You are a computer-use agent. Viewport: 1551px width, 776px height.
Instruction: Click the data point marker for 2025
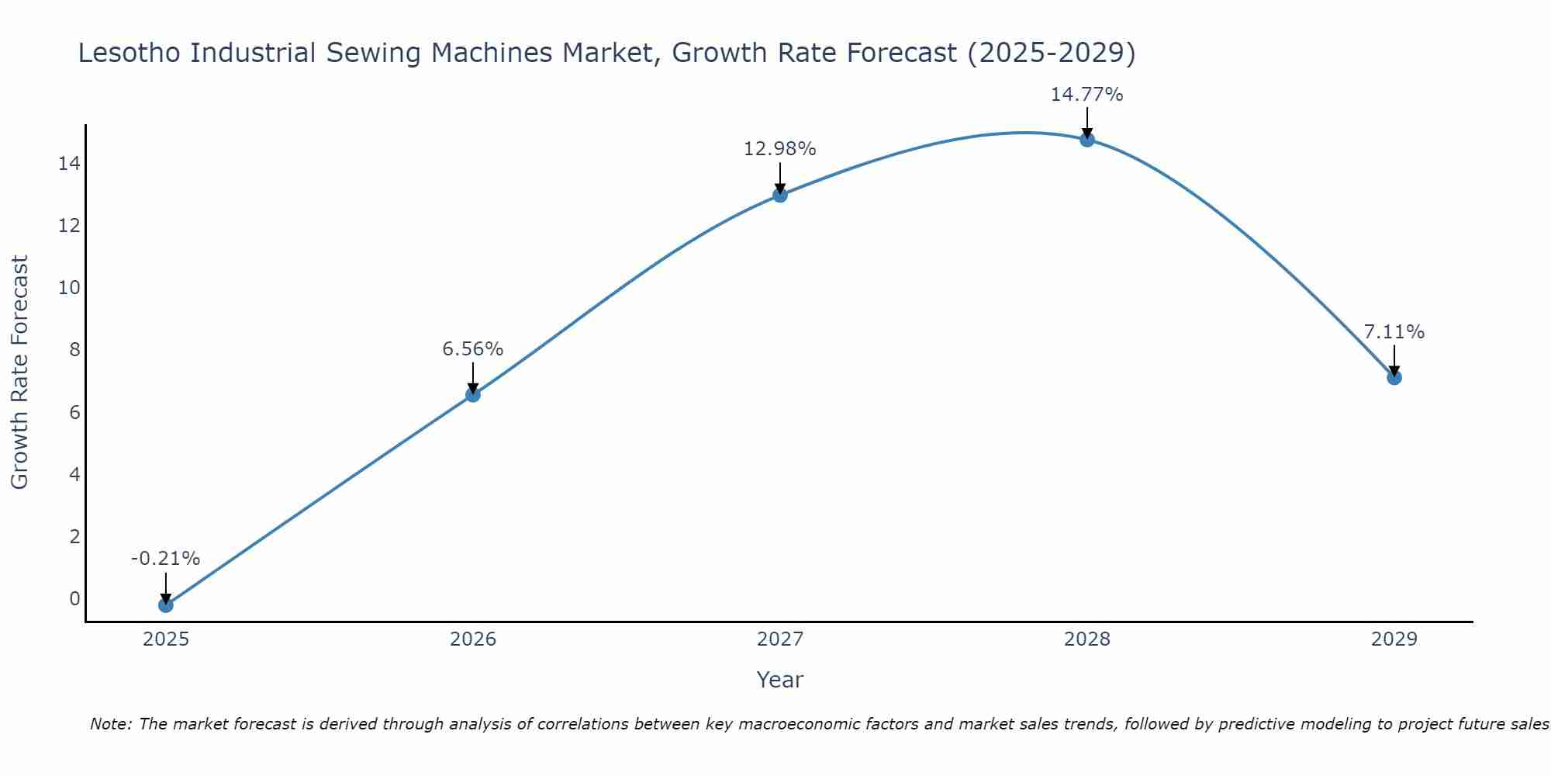(x=165, y=605)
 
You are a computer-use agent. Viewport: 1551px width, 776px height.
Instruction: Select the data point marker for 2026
(x=472, y=394)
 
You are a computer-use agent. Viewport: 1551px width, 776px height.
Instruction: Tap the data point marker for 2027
(x=779, y=195)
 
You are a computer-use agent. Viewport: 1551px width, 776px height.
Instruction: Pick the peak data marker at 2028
(x=1086, y=140)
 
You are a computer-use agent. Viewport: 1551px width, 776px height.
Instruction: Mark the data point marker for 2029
(x=1394, y=377)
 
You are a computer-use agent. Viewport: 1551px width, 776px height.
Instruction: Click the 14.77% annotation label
(x=1086, y=95)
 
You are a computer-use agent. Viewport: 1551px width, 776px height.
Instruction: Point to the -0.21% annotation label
(x=165, y=559)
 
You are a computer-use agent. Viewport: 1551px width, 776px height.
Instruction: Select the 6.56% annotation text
(x=472, y=349)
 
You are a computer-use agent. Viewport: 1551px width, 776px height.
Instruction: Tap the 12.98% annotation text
(x=779, y=149)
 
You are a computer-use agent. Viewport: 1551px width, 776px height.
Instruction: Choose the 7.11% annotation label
(x=1394, y=332)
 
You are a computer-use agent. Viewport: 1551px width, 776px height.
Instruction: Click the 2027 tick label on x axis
(x=779, y=639)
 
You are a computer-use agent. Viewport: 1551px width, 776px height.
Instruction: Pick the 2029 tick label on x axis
(x=1394, y=639)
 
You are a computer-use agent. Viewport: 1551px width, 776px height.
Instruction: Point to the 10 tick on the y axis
(x=69, y=288)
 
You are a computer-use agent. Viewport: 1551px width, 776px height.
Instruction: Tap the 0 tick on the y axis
(x=74, y=598)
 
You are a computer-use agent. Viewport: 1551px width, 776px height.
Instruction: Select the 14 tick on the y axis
(x=69, y=164)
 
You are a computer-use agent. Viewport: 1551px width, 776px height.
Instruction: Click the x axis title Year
(x=779, y=680)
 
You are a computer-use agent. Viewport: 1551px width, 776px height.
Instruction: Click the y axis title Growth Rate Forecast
(x=20, y=372)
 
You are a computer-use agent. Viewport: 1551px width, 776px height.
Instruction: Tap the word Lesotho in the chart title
(x=131, y=53)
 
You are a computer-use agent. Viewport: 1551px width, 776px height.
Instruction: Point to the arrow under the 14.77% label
(x=1086, y=123)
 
